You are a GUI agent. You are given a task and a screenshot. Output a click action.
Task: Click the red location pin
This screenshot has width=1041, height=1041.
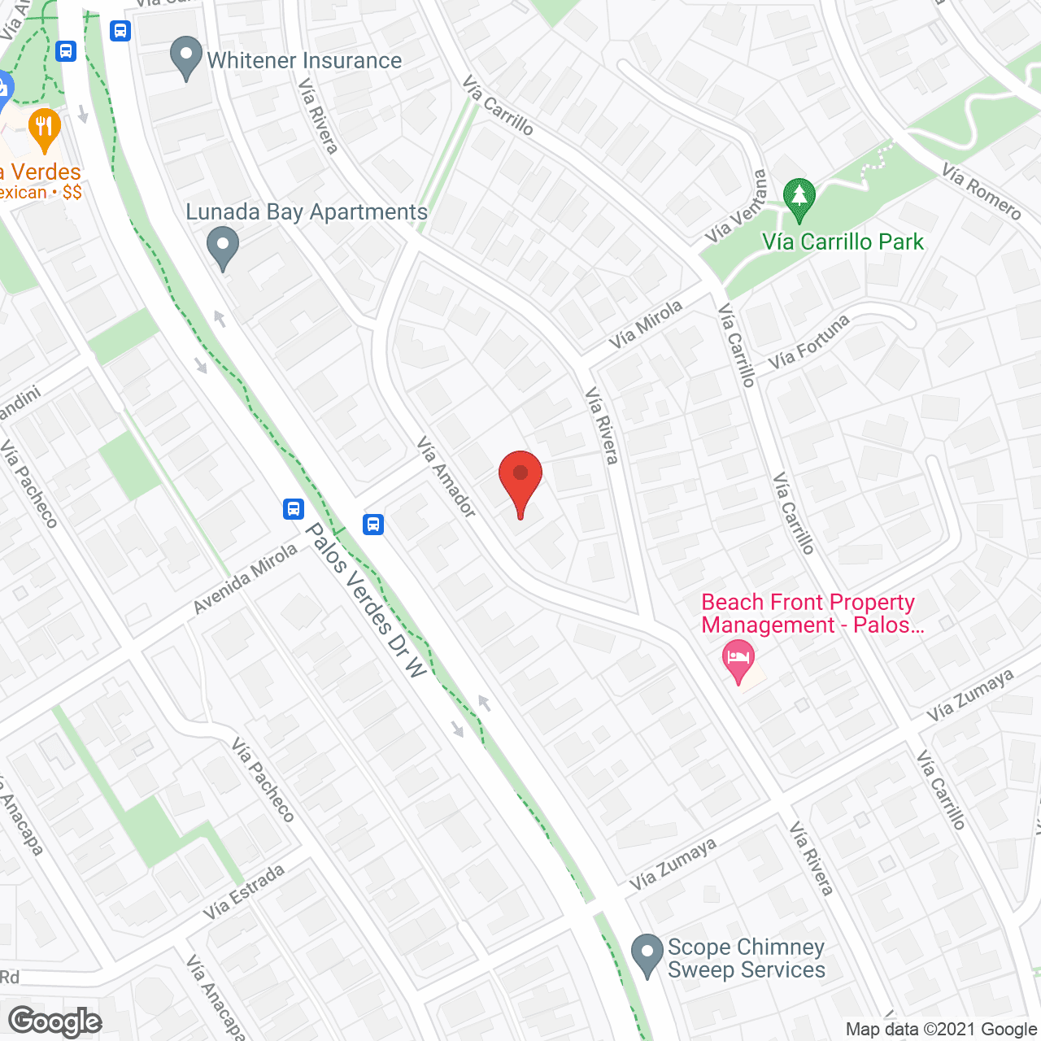coord(520,480)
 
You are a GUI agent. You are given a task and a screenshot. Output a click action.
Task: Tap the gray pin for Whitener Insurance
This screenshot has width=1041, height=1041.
coord(186,58)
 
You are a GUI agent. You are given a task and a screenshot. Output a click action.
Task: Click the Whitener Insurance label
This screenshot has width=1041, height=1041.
coord(304,61)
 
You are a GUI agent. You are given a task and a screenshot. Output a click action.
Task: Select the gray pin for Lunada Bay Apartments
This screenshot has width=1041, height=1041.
coord(222,247)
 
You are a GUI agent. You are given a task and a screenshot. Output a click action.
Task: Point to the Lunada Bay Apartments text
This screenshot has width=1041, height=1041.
coord(307,212)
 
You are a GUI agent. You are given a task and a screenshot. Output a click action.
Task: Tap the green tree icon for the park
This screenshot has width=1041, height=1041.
coord(799,198)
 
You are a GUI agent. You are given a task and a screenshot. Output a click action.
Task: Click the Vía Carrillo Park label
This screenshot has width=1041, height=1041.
coord(843,242)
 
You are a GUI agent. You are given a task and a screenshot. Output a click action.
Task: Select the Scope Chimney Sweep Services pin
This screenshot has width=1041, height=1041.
coord(647,955)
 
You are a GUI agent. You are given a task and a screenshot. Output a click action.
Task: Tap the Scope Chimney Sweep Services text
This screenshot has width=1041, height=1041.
coord(746,959)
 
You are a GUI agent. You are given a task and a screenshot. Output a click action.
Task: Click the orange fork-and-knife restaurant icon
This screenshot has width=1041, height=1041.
coord(44,128)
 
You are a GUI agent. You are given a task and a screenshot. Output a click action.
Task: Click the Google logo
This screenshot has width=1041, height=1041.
coord(54,1021)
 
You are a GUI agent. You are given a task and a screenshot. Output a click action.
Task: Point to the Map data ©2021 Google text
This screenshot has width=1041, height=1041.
coord(940,1030)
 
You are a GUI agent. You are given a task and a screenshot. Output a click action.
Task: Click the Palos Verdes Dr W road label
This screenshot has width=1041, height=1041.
coord(365,600)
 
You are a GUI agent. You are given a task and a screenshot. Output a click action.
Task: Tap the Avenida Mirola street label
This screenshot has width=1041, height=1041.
coord(246,579)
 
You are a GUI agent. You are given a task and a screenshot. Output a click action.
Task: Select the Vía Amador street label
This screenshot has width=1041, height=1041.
coord(446,477)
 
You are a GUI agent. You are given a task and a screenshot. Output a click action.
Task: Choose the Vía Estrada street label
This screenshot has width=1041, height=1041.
coord(244,892)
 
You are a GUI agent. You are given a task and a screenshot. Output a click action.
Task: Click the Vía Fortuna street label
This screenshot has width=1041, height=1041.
coord(809,341)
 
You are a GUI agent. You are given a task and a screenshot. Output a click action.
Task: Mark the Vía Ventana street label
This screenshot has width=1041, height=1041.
coord(737,208)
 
